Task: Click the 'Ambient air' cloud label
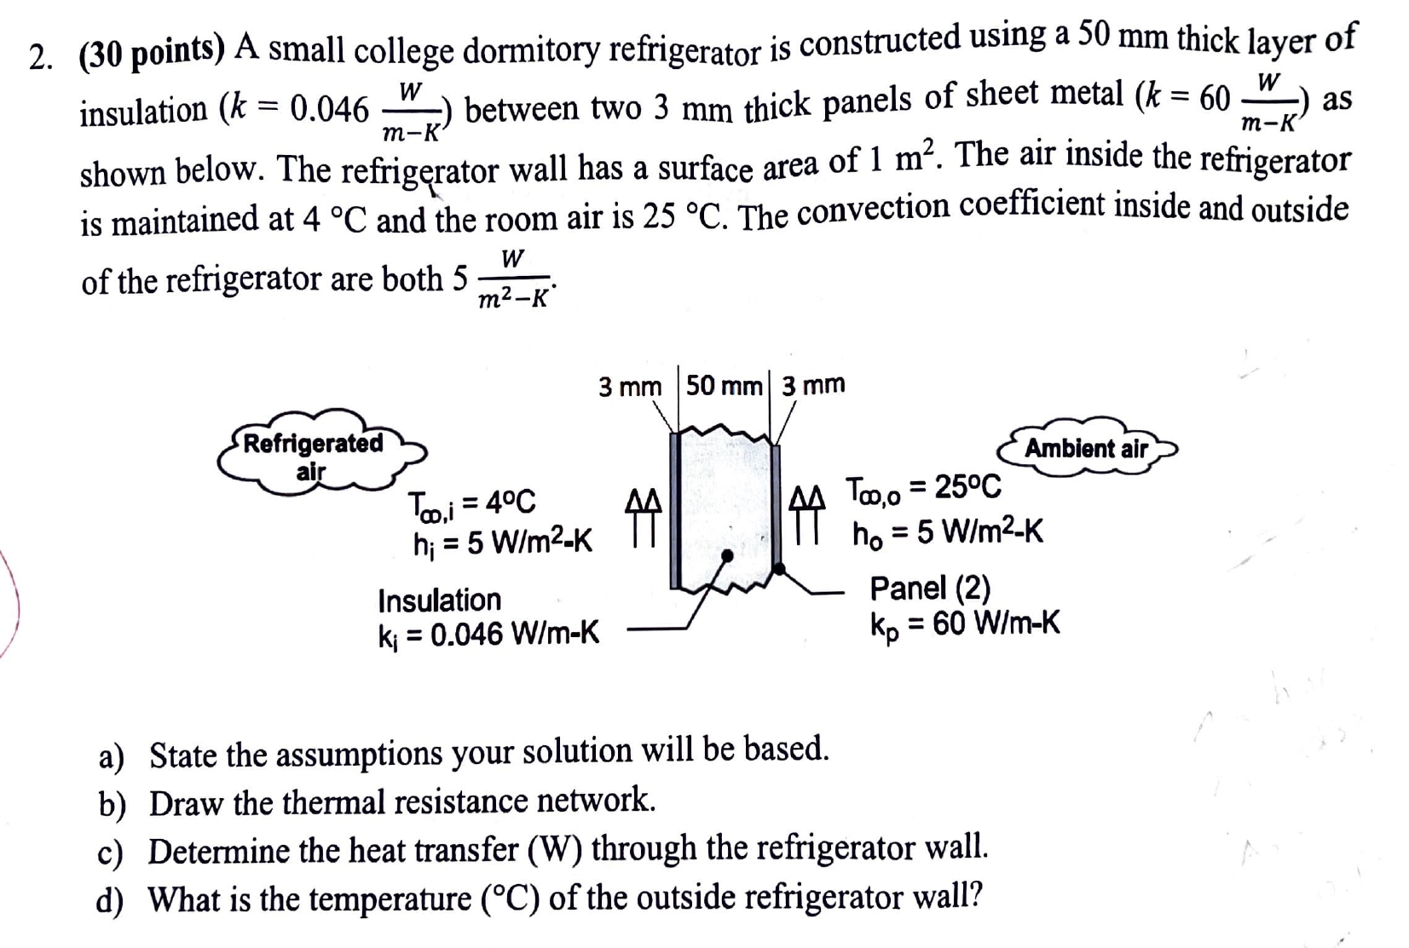point(1086,448)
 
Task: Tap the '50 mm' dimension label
point(724,386)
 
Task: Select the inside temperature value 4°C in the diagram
point(510,503)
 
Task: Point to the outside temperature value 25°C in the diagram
point(967,488)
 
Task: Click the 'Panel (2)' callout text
point(930,588)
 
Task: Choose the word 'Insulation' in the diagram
point(439,600)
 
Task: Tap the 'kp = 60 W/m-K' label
point(965,624)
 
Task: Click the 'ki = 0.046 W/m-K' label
point(488,634)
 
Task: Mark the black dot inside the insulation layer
point(727,555)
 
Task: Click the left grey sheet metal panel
point(675,511)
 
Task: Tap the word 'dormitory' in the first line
point(532,50)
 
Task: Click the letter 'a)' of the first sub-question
point(111,756)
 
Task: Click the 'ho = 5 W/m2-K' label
point(947,532)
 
